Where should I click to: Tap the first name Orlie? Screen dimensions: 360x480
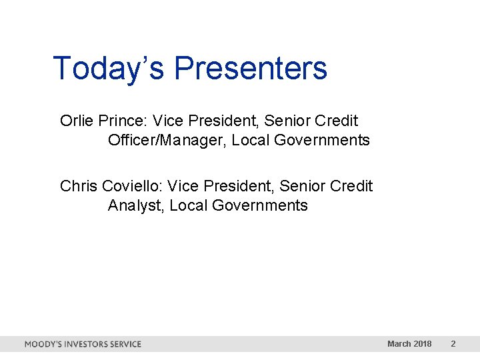pos(77,121)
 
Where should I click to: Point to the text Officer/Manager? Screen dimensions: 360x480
pos(167,140)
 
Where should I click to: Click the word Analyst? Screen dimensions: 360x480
pos(136,205)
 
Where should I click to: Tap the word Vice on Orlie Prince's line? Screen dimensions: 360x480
pos(168,121)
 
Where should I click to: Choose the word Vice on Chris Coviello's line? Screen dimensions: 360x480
pos(183,186)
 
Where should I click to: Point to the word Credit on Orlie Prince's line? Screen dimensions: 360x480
pos(338,121)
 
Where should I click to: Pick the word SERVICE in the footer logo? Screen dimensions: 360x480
pos(127,344)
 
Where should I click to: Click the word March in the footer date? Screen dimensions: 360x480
pos(399,344)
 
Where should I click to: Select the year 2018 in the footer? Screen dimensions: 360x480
pos(423,344)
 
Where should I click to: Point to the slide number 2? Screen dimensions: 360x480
pos(453,344)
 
